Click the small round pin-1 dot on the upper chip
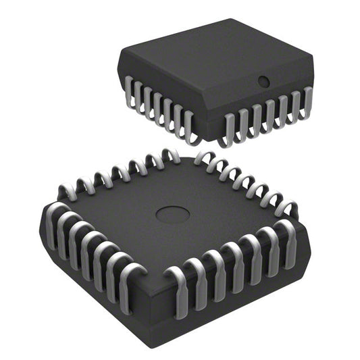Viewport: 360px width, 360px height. point(264,82)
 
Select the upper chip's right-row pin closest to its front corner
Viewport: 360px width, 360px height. point(229,130)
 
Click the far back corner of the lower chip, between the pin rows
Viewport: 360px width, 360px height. point(186,156)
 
